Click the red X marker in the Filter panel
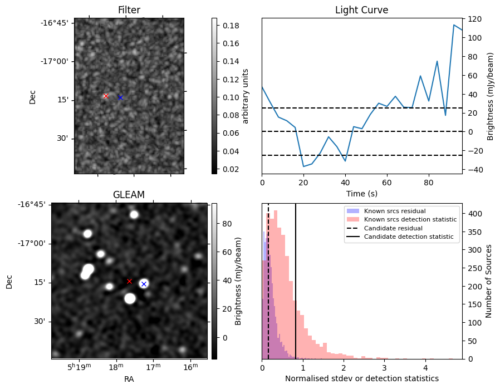pyautogui.click(x=106, y=96)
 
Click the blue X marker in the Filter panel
pyautogui.click(x=120, y=97)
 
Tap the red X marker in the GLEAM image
pyautogui.click(x=129, y=282)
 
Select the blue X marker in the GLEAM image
pyautogui.click(x=144, y=284)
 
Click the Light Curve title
pyautogui.click(x=361, y=10)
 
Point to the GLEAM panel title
pyautogui.click(x=129, y=195)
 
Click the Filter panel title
pyautogui.click(x=129, y=10)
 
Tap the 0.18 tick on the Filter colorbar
pyautogui.click(x=231, y=26)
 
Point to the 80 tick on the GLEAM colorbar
pyautogui.click(x=227, y=224)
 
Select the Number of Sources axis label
pyautogui.click(x=488, y=282)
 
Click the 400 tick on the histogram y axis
pyautogui.click(x=473, y=214)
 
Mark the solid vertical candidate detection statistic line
pyautogui.click(x=296, y=282)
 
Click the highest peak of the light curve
pyautogui.click(x=454, y=25)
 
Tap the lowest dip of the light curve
pyautogui.click(x=303, y=166)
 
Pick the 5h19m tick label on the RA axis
pyautogui.click(x=79, y=367)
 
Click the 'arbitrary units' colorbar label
pyautogui.click(x=245, y=96)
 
